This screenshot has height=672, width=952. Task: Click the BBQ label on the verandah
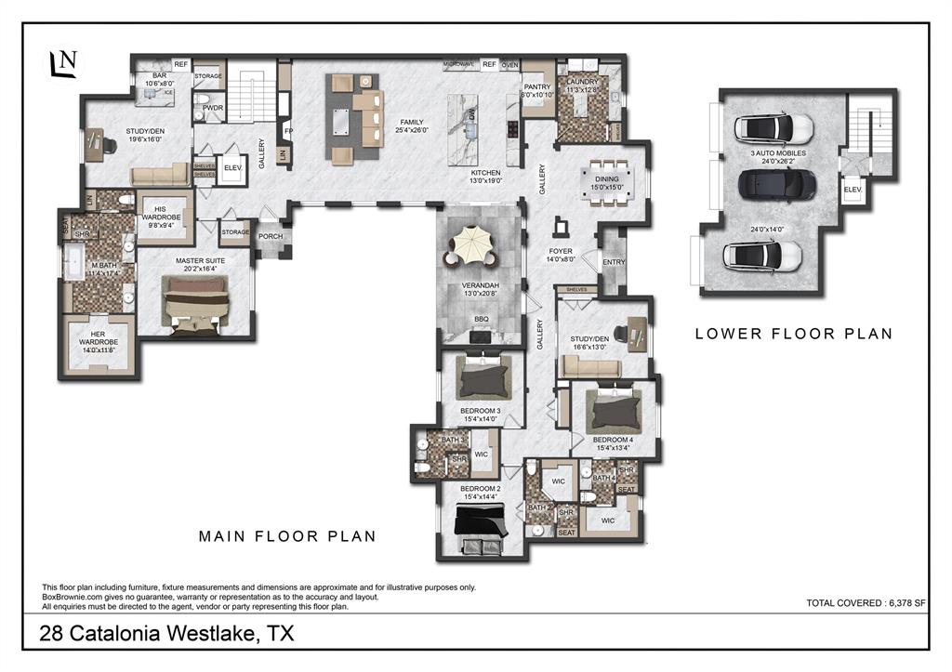481,319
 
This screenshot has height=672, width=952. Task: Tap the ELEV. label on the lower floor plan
853,189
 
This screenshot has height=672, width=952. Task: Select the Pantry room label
536,89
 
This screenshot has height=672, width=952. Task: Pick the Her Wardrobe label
98,340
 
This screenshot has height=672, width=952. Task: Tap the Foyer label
561,251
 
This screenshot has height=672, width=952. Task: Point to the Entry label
614,262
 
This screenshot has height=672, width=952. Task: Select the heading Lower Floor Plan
793,334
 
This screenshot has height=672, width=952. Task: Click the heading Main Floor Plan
287,536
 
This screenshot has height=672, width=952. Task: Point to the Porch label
271,236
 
